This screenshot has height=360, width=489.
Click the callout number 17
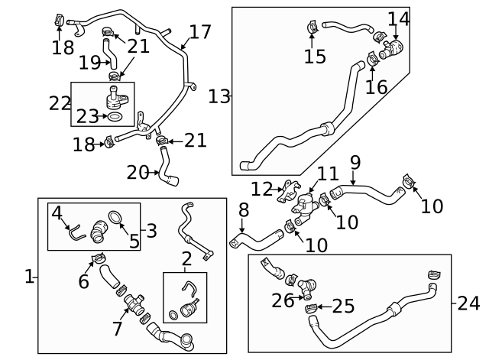[199, 32]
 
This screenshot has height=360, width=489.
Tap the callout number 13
[219, 96]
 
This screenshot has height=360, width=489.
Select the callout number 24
[468, 303]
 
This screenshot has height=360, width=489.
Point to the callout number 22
[60, 103]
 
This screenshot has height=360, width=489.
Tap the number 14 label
[398, 18]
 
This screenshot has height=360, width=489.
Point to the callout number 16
[375, 86]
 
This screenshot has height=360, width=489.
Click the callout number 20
[138, 173]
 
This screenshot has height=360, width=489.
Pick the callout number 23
[88, 117]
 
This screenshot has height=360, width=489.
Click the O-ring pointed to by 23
[114, 118]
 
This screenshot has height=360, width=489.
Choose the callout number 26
[283, 300]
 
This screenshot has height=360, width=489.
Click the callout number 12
[261, 188]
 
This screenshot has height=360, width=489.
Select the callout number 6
[83, 281]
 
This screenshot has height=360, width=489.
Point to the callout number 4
[57, 212]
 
